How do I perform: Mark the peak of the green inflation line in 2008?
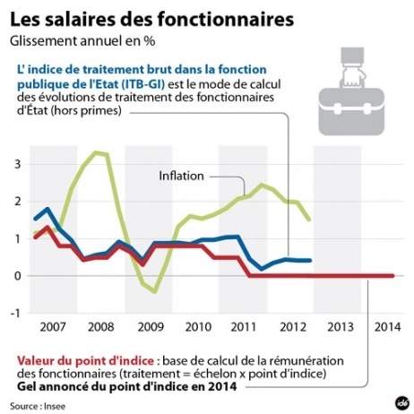[x=99, y=153]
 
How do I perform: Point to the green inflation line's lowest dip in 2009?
[x=154, y=291]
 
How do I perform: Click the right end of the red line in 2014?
[x=393, y=276]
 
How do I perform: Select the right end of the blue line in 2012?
[x=310, y=261]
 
